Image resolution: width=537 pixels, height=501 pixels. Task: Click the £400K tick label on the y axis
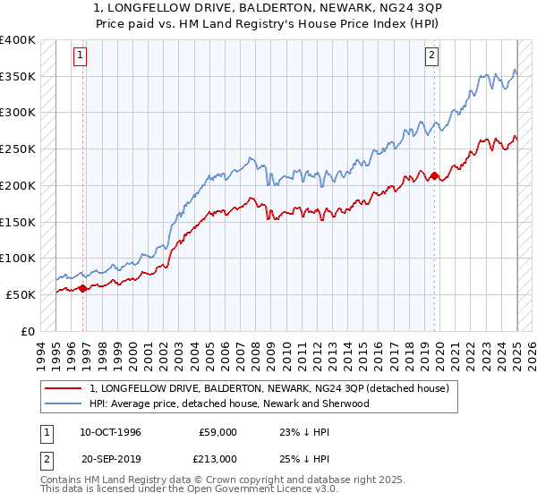coord(17,40)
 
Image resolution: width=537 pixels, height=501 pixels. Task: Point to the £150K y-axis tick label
coord(17,221)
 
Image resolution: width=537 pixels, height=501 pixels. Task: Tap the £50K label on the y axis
coord(21,293)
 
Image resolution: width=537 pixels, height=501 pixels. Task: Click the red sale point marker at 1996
coord(83,288)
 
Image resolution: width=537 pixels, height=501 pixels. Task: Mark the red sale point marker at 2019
coord(434,176)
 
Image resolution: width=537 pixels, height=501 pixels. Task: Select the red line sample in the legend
coord(64,388)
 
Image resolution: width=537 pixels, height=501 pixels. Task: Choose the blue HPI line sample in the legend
coord(64,403)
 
